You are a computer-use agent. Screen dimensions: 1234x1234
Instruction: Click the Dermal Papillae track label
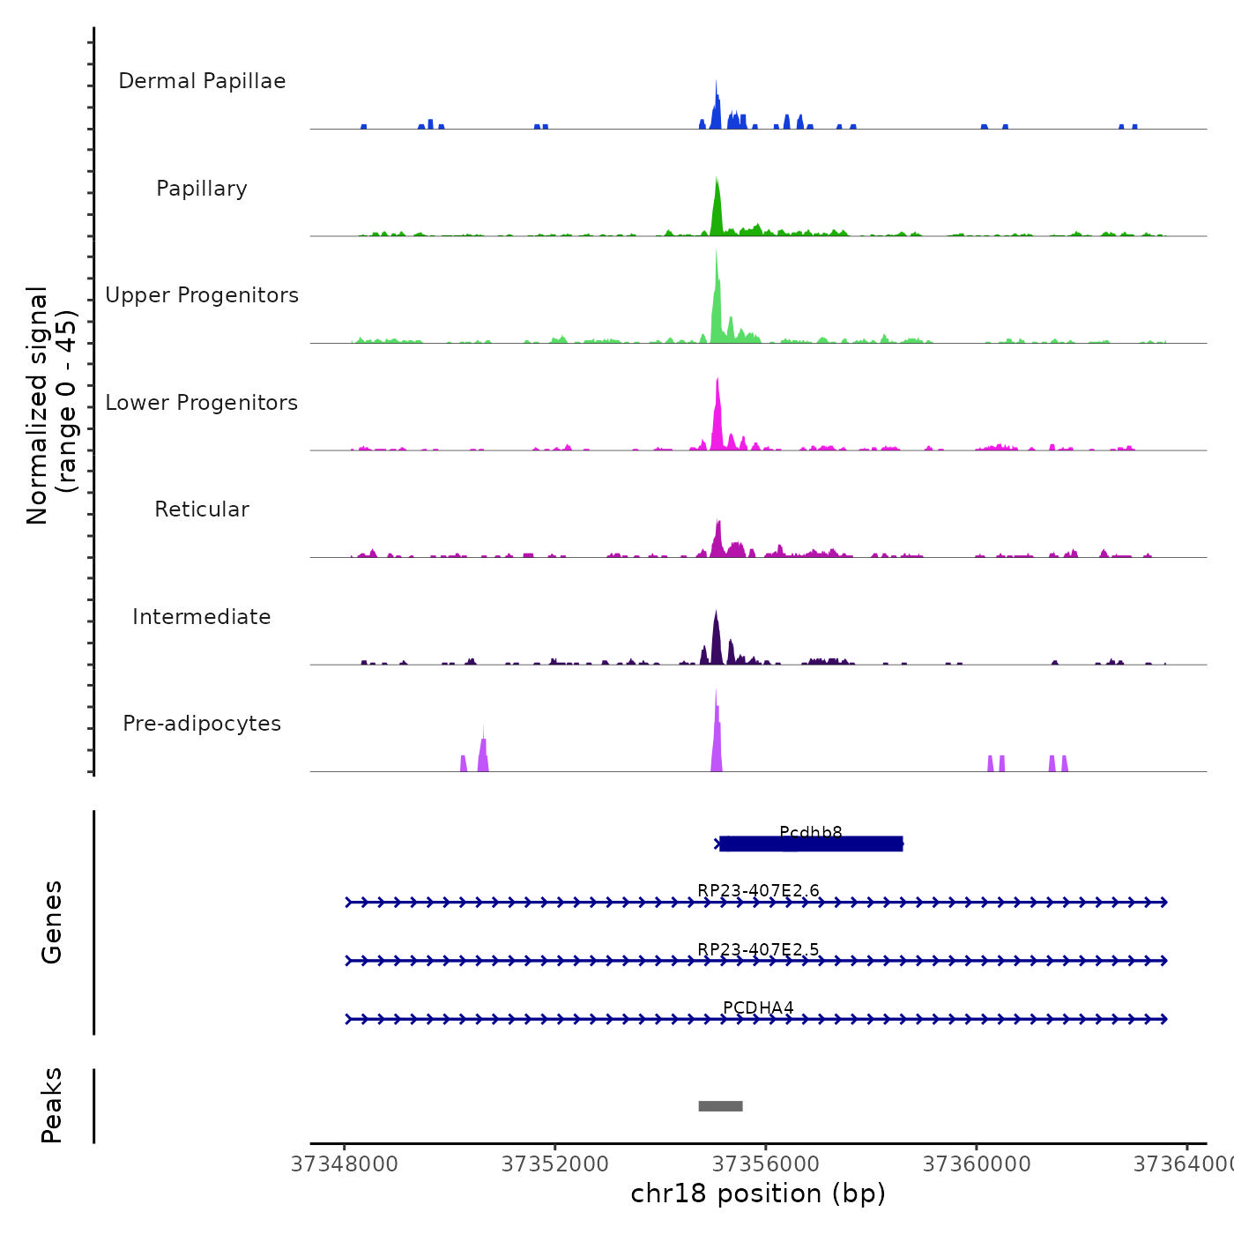coord(202,81)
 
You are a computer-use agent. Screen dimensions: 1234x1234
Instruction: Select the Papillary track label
coord(202,189)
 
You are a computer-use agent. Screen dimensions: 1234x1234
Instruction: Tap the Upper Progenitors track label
coord(202,295)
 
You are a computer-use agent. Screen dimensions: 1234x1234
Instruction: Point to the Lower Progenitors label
coord(202,403)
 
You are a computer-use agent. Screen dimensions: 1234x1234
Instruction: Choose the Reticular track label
coord(202,509)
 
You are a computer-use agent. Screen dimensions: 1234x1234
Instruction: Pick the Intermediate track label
coord(202,617)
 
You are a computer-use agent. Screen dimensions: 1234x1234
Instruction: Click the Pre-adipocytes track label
coord(202,724)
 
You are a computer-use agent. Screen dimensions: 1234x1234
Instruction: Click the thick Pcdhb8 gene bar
coord(811,844)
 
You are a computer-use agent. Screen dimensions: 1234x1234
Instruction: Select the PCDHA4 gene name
coord(758,1007)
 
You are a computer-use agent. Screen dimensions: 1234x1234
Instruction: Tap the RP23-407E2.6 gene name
coord(758,890)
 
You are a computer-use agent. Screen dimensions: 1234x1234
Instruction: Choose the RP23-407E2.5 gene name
coord(758,949)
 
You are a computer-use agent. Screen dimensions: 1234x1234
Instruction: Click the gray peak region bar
coord(720,1106)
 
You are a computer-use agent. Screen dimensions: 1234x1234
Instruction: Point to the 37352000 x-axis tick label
coord(554,1164)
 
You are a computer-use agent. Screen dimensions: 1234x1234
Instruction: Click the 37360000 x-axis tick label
coord(977,1164)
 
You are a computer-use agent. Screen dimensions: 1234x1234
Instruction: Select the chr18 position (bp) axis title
coord(758,1193)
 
